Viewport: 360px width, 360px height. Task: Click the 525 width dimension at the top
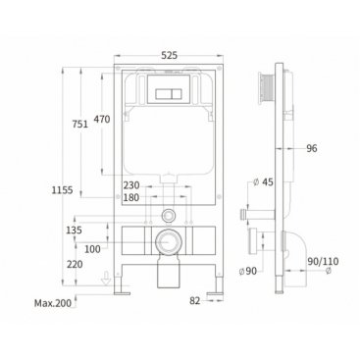pos(169,55)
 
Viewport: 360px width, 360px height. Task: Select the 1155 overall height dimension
pos(62,189)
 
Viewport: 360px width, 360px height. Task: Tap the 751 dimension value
pos(80,124)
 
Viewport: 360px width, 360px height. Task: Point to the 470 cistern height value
pos(102,119)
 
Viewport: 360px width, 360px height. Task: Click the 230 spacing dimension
pos(131,185)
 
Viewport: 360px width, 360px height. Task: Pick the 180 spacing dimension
pos(131,197)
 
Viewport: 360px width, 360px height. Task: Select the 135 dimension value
pos(74,231)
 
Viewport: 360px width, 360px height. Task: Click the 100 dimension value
pos(92,249)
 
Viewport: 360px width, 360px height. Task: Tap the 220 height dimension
pos(75,264)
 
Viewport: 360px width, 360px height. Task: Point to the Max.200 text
pos(53,303)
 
